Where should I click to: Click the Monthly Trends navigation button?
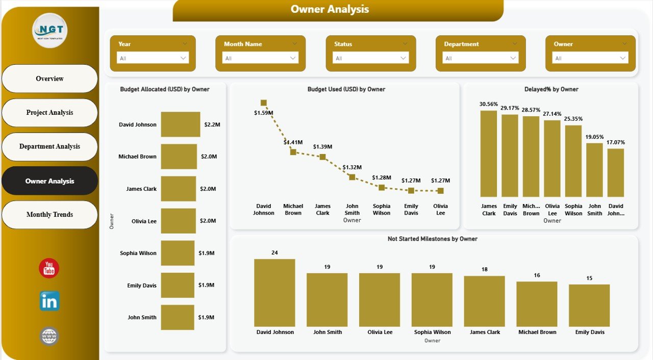(x=49, y=215)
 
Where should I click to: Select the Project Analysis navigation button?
(x=49, y=113)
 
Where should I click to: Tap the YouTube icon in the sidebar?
(x=49, y=268)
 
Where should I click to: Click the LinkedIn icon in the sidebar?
(x=49, y=301)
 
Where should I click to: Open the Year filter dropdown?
(x=153, y=58)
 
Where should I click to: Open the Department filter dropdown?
(x=480, y=58)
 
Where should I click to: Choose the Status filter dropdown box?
(x=370, y=58)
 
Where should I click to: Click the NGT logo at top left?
(x=49, y=31)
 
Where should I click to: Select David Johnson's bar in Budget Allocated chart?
(x=181, y=124)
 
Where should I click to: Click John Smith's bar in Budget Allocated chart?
(x=178, y=317)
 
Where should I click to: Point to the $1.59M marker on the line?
(x=263, y=102)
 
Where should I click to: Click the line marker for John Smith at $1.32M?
(x=352, y=177)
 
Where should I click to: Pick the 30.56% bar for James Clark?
(x=488, y=153)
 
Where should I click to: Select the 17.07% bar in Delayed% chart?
(x=616, y=172)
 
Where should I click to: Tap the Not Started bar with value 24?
(x=274, y=293)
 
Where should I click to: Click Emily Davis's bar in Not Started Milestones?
(x=589, y=305)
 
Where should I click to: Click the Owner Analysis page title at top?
(x=330, y=9)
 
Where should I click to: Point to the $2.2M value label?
(x=212, y=124)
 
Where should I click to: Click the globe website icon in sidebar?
(x=49, y=337)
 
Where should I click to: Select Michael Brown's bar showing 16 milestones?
(x=537, y=303)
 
